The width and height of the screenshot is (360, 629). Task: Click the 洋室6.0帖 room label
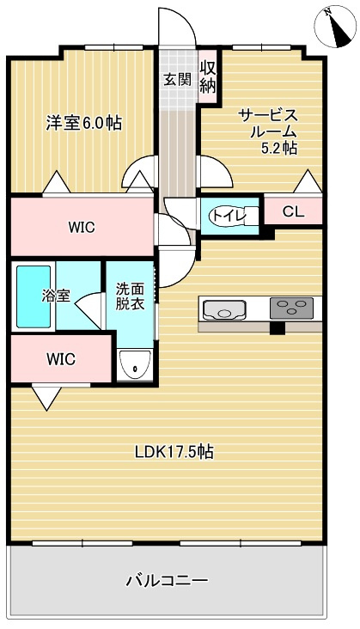coord(83,123)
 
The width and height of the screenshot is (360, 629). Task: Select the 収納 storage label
coord(207,76)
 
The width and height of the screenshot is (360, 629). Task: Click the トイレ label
coord(227,216)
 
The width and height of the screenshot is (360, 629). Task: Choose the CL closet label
coord(292,211)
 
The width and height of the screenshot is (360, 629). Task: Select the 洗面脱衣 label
coord(130,296)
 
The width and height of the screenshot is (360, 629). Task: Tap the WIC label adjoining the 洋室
coord(82,228)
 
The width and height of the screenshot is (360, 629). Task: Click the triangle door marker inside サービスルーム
coord(307,181)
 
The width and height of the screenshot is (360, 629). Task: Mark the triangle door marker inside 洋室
coord(56,183)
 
